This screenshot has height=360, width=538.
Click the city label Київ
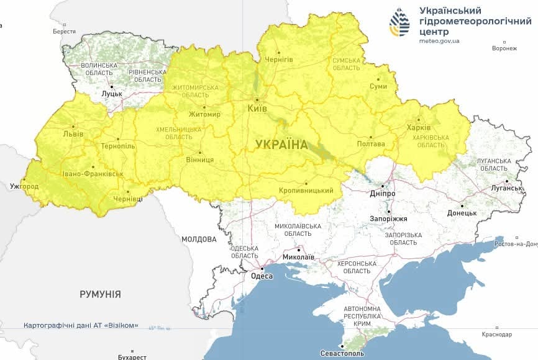pos(257,109)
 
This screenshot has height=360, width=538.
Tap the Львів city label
pos(73,133)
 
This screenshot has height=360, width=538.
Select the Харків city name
pos(418,128)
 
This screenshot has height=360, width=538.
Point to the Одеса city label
pos(262,276)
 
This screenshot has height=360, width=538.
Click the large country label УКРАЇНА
pos(281,145)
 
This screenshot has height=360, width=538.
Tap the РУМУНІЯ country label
pos(100,294)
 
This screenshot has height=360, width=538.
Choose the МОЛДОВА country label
pos(199,239)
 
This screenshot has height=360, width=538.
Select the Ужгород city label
pos(24,186)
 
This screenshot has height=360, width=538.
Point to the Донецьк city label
pos(462,213)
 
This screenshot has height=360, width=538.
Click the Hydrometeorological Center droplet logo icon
pos(399,22)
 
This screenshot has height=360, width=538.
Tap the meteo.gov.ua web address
pos(439,41)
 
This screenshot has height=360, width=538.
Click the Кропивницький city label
pos(306,191)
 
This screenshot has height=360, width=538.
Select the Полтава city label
pos(371,144)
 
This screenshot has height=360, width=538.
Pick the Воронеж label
pos(504,48)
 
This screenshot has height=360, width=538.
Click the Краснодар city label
pos(496,335)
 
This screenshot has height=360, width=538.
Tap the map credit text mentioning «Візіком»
pos(81,325)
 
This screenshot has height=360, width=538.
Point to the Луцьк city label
pos(112,94)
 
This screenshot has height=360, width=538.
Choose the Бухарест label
pos(132,357)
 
